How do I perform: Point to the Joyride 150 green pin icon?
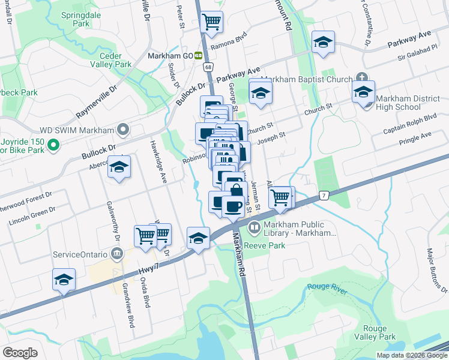(x=53, y=145)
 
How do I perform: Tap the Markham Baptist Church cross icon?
(x=361, y=79)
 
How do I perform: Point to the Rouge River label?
(x=327, y=289)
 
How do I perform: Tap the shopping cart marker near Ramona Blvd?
(x=212, y=22)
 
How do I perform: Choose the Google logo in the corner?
(x=20, y=352)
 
